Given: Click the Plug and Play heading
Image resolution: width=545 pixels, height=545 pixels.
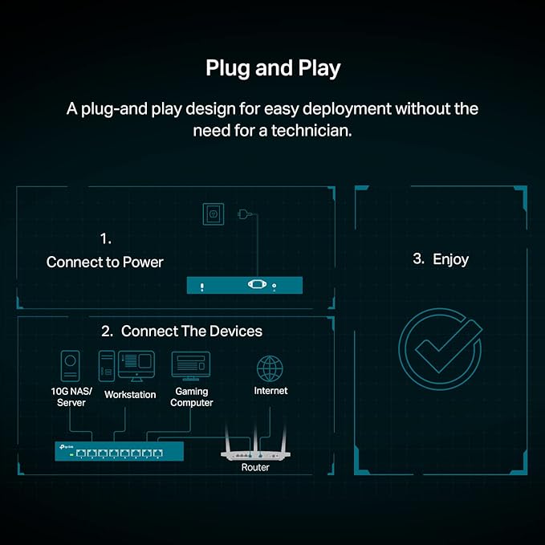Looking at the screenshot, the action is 273,68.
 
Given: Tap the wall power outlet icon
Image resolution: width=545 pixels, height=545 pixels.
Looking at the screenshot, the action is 213,214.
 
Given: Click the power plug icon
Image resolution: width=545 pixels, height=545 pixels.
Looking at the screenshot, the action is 245,214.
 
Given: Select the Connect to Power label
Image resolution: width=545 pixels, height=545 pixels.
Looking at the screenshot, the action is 104,262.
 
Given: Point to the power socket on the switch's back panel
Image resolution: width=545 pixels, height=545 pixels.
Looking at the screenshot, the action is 257,285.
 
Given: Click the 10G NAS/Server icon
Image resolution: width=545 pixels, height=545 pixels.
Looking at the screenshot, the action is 70,366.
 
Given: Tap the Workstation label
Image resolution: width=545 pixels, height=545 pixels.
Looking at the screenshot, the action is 130,394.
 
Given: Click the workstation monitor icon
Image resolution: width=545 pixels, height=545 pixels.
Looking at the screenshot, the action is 136,366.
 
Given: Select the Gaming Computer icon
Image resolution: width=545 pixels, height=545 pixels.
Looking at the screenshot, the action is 191,366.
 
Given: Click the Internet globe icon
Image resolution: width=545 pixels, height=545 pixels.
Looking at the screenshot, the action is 270,368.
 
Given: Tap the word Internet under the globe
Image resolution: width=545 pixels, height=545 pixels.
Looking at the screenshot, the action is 270,391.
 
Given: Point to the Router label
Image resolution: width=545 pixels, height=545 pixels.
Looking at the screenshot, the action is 255,467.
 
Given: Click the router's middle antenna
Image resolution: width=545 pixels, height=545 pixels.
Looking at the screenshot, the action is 255,438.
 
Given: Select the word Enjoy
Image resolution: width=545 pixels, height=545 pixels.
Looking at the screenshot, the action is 451,259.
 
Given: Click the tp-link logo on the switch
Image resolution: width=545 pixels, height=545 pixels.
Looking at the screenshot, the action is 66,446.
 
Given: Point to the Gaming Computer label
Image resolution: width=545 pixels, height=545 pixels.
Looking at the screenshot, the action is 192,397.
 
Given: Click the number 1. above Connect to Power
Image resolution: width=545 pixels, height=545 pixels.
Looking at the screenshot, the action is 106,238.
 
